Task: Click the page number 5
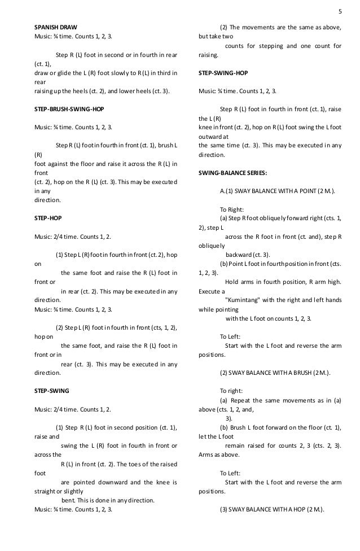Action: [x=339, y=10]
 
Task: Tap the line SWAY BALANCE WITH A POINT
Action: [x=276, y=191]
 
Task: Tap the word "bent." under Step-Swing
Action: [x=69, y=500]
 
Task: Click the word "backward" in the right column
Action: [x=243, y=255]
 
